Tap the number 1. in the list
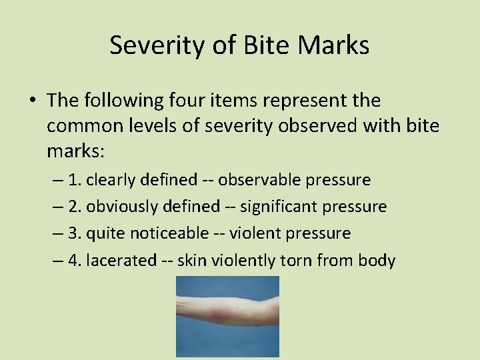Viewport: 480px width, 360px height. pos(75,180)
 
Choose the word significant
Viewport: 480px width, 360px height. pos(279,207)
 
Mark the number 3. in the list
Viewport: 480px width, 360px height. pos(75,233)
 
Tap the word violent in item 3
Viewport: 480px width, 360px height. pos(253,233)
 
